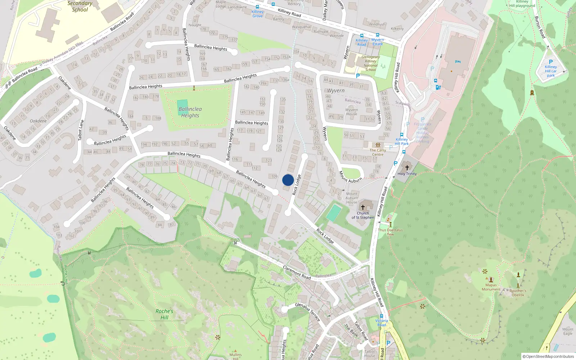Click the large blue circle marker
pos(288,180)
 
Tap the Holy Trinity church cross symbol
pos(407,168)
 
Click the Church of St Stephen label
pos(363,215)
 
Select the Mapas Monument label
pos(491,287)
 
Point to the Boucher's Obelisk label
pos(518,293)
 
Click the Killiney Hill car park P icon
pos(550,62)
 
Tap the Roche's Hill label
pos(164,314)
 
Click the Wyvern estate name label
pos(336,91)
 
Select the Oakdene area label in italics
pos(38,121)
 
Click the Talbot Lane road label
pos(81,130)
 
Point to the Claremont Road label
pos(297,273)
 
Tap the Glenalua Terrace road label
pos(308,312)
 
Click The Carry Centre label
pos(378,152)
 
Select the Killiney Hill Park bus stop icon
pos(402,135)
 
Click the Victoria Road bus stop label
pos(382,323)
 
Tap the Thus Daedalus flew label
pos(390,232)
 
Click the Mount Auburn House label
pos(352,198)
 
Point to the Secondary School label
pos(80,6)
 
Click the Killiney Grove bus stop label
pos(257,14)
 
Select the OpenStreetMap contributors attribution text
pos(548,356)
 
